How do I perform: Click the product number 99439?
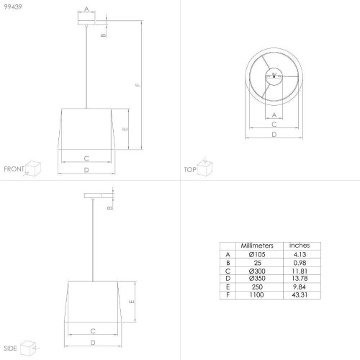point(13,6)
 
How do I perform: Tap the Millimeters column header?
point(257,246)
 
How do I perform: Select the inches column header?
point(300,246)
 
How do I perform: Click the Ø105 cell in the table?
point(257,254)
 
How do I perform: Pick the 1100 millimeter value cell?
point(257,294)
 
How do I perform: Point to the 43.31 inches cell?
point(300,294)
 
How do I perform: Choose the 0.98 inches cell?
point(300,263)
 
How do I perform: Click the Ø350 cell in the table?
point(257,279)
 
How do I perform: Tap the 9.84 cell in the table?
point(300,287)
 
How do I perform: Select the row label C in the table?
point(228,271)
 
